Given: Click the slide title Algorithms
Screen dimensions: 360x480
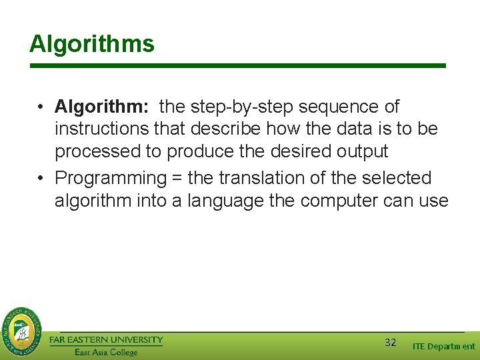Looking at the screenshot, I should pos(92,45).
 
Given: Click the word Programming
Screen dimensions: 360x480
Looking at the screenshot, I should pos(110,179).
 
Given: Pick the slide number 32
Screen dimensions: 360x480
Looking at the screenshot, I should pos(391,343).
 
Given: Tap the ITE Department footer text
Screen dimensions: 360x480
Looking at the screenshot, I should pos(443,346).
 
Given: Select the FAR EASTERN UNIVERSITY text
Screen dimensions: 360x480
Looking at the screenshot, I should pos(106,340).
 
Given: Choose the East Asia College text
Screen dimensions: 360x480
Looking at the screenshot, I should pos(106,352).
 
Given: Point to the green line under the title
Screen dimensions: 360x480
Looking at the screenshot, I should pos(237,66).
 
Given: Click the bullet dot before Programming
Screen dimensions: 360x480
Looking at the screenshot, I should pos(41,179).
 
